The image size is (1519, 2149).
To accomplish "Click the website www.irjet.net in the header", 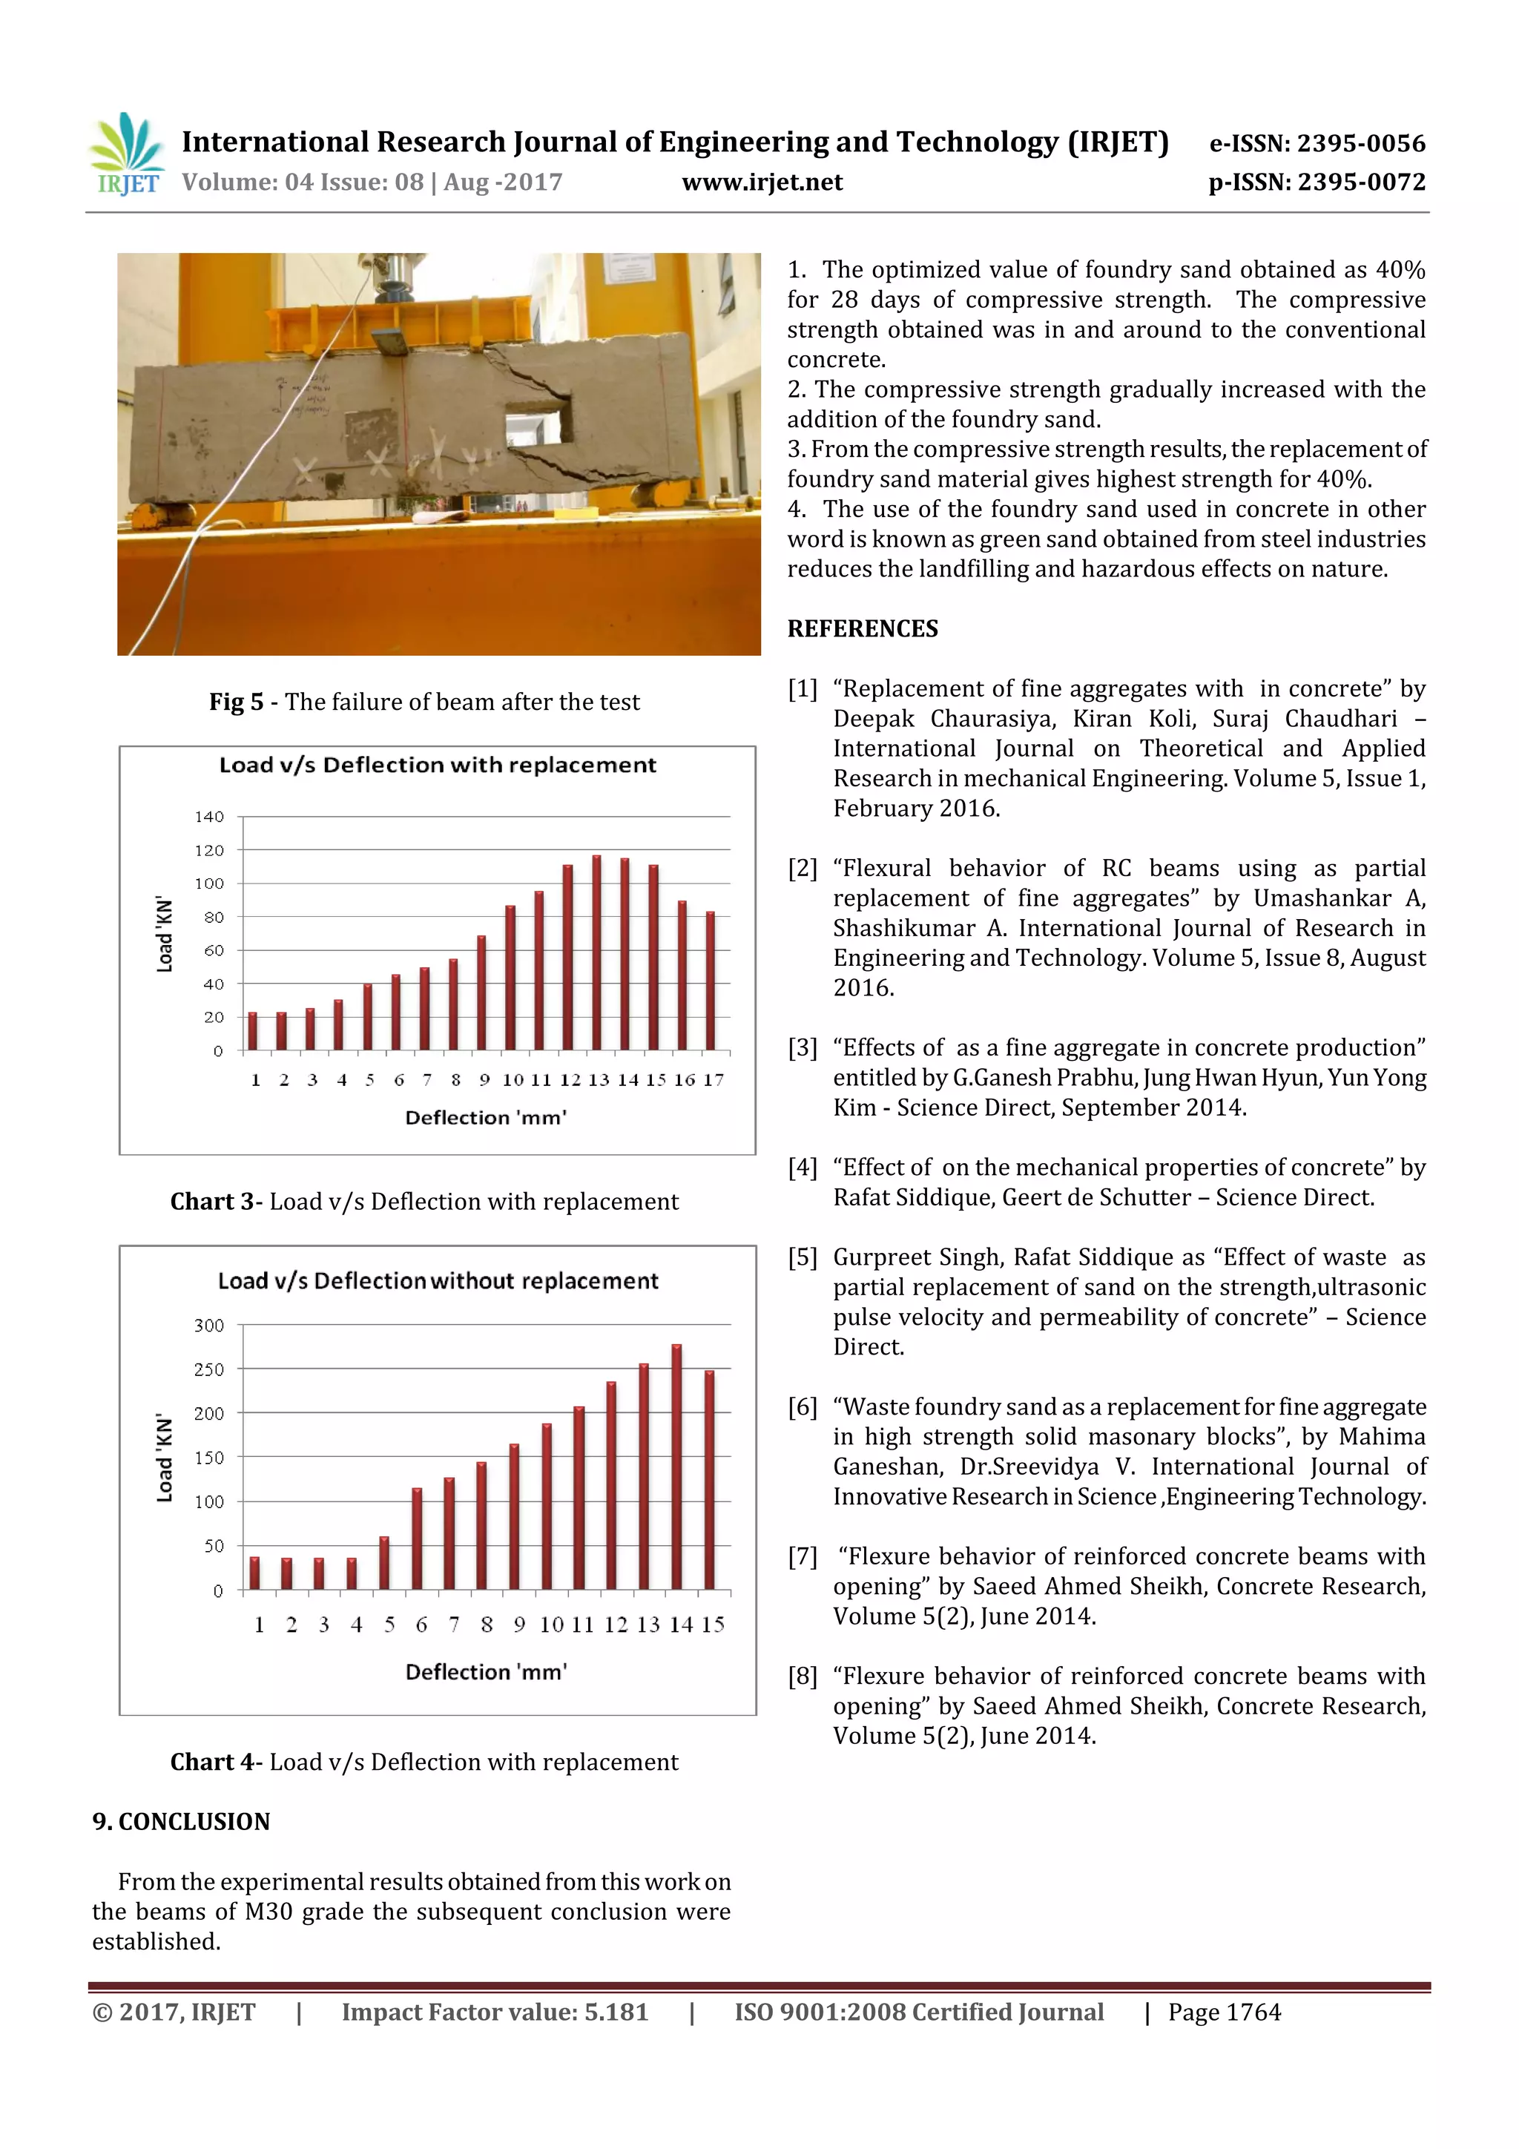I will click(762, 182).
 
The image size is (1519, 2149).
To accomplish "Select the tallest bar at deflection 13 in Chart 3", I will click(596, 952).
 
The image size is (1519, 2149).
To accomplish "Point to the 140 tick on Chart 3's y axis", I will click(210, 817).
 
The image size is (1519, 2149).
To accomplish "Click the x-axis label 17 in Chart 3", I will click(714, 1080).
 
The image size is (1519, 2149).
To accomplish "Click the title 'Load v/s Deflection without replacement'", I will click(438, 1280).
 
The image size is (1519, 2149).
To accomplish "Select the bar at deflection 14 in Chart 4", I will click(676, 1467).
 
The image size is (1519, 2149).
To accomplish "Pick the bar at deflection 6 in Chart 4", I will click(418, 1538).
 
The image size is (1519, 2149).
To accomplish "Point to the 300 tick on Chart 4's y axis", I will click(210, 1326).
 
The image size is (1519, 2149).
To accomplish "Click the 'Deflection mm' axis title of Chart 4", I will click(486, 1672).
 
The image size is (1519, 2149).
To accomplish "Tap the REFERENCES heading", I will click(862, 629).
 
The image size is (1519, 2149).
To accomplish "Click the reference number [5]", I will click(802, 1257).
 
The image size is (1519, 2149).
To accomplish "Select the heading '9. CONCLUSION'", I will click(182, 1821).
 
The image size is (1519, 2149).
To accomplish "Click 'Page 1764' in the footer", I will click(1225, 2013).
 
